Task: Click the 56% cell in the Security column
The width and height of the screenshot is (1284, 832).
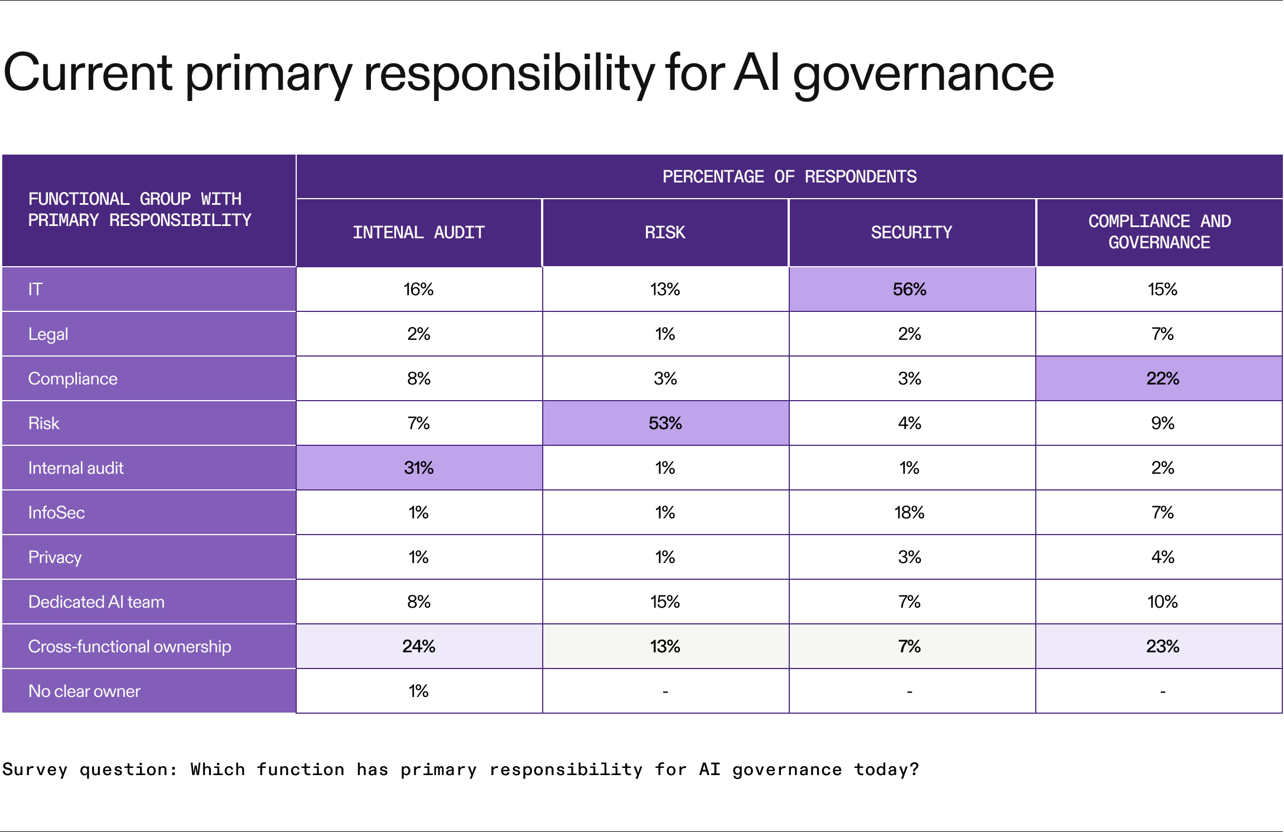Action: tap(909, 289)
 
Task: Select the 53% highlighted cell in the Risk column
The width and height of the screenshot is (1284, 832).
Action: tap(665, 423)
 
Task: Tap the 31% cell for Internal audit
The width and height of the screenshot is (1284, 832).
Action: tap(418, 468)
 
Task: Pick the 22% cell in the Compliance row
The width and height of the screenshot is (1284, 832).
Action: tap(1162, 378)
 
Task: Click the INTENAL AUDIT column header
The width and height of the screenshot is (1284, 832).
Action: tap(418, 232)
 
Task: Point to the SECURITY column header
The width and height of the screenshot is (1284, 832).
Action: tap(911, 232)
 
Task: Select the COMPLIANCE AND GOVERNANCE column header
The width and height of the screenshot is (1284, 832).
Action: tap(1159, 232)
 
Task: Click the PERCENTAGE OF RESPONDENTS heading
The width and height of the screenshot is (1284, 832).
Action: tap(789, 176)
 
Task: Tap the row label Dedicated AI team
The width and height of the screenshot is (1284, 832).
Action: tap(96, 602)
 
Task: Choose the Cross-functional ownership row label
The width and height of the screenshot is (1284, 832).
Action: tap(129, 646)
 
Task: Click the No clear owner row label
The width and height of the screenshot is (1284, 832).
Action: tap(84, 691)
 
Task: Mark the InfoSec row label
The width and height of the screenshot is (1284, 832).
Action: tap(56, 512)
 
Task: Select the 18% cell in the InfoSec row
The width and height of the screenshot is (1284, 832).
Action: tap(909, 512)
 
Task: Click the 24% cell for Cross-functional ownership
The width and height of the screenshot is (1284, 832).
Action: tap(418, 646)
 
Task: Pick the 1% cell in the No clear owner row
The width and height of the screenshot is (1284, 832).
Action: tap(418, 691)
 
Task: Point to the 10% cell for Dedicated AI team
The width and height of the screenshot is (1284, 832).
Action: tap(1162, 602)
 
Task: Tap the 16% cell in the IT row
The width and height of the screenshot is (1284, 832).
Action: tap(418, 289)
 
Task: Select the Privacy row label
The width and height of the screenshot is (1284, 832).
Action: tap(55, 557)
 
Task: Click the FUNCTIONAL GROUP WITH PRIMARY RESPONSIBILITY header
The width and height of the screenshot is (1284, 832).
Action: tap(139, 209)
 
